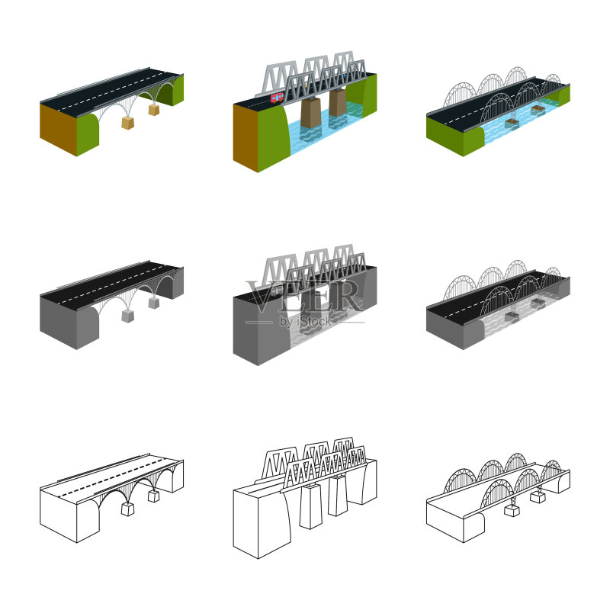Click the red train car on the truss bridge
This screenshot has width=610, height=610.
point(277,98)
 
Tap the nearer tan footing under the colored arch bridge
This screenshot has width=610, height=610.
point(127,123)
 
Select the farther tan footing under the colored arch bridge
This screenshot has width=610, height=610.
point(154,110)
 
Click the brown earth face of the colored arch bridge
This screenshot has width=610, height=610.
point(59,129)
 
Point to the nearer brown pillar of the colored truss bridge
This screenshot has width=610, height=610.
point(311,113)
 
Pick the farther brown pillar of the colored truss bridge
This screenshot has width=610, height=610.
point(338,102)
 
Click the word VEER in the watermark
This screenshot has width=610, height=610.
point(304,297)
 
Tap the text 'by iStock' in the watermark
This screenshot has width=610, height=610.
point(306,321)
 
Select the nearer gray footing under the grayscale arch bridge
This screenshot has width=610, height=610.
point(127,316)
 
